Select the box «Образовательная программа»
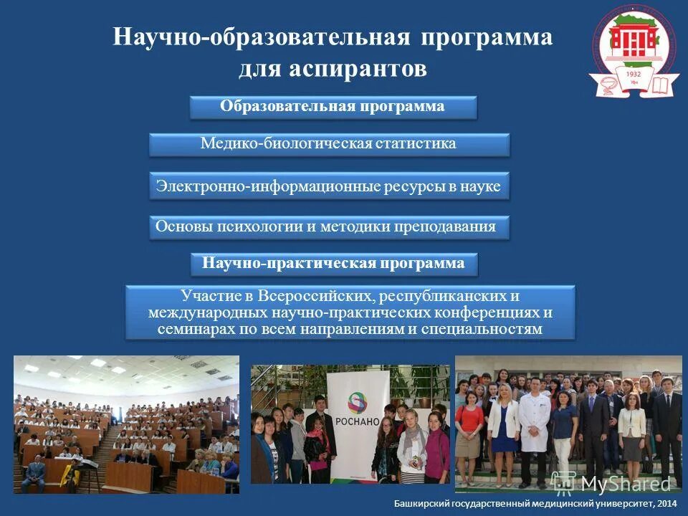click(x=333, y=107)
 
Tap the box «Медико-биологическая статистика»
click(x=328, y=144)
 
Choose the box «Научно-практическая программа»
click(x=333, y=264)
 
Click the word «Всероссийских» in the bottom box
click(x=314, y=296)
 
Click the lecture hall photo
click(x=127, y=424)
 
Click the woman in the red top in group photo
click(x=469, y=426)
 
